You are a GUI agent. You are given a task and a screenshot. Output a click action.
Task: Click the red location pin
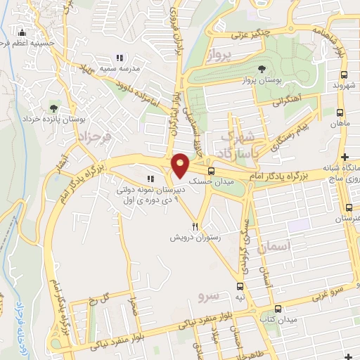click(181, 165)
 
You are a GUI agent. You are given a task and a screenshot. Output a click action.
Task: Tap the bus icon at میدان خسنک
click(211, 171)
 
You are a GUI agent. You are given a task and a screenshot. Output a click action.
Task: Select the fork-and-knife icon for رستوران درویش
click(196, 227)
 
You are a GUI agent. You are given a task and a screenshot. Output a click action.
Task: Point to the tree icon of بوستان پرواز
click(262, 69)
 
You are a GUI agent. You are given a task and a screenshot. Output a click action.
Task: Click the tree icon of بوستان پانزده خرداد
click(53, 108)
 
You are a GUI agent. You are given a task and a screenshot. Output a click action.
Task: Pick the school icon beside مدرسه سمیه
click(120, 58)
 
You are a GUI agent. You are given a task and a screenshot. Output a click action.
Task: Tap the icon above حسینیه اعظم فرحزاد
click(22, 32)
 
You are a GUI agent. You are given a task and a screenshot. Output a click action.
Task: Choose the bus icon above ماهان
click(341, 112)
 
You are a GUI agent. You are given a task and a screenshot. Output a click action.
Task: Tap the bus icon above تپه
click(240, 286)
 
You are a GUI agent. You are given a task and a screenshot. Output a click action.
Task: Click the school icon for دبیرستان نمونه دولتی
click(150, 179)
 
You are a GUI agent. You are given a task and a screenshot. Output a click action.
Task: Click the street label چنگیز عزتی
click(245, 34)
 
